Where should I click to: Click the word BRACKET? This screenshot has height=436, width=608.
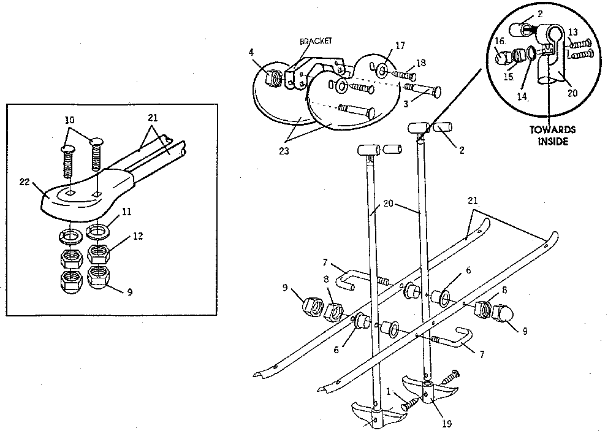point(316,41)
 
